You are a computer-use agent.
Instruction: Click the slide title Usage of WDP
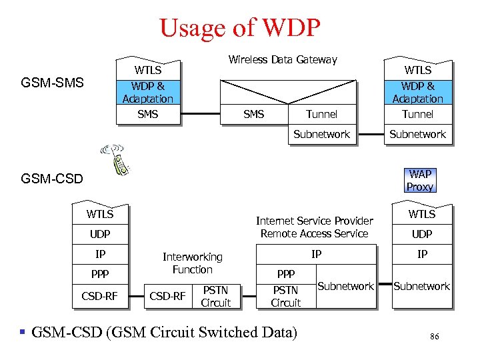(240, 28)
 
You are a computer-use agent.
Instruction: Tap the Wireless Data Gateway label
(283, 60)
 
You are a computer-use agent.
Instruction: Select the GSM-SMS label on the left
(52, 83)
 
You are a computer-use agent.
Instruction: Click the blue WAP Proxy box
(419, 181)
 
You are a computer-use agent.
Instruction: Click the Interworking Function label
(192, 263)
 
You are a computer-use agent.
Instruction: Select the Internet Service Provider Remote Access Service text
(315, 227)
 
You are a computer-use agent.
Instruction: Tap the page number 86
(434, 337)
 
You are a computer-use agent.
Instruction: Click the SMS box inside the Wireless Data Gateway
(253, 115)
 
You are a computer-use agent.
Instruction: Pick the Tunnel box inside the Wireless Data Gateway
(321, 115)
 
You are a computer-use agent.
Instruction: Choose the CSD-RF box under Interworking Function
(167, 296)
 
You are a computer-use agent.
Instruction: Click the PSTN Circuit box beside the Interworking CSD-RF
(215, 296)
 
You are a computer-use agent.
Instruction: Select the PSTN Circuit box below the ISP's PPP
(285, 296)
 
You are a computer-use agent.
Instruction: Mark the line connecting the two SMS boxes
(200, 115)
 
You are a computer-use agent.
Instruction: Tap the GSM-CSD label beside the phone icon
(52, 179)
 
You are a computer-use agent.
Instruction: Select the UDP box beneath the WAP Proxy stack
(421, 234)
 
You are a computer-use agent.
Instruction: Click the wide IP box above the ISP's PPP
(317, 254)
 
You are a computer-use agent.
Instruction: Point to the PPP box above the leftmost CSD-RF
(100, 274)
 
